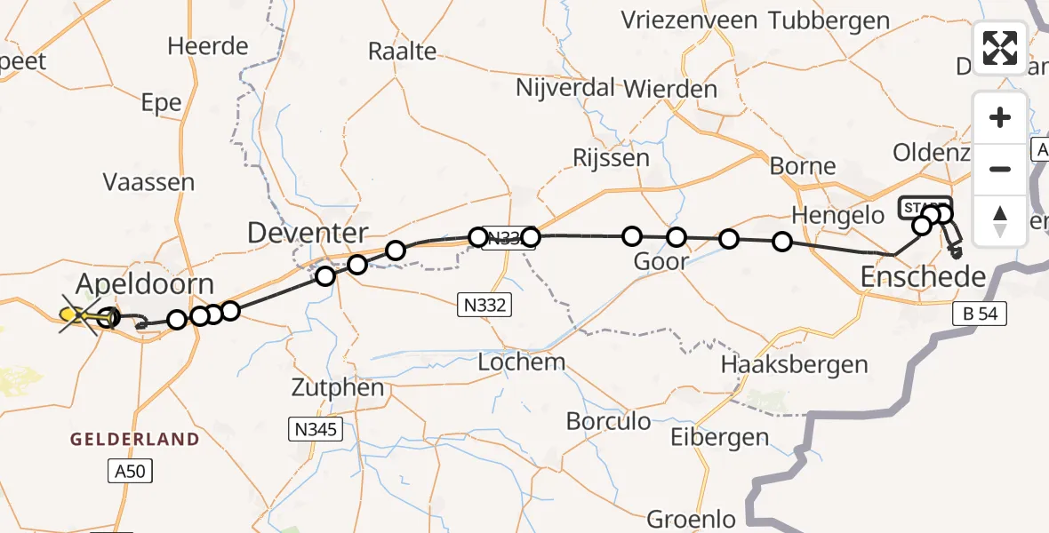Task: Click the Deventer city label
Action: point(308,234)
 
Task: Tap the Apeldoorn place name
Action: point(145,285)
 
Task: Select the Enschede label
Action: point(924,277)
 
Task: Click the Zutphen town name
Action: point(339,388)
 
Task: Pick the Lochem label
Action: point(521,362)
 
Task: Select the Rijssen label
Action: point(612,158)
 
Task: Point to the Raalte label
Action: point(402,51)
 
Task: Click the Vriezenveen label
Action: point(689,20)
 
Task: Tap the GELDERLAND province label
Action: point(135,440)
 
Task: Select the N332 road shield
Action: point(485,305)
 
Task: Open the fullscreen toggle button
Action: point(1000,47)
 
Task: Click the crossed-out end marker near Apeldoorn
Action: point(78,314)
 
